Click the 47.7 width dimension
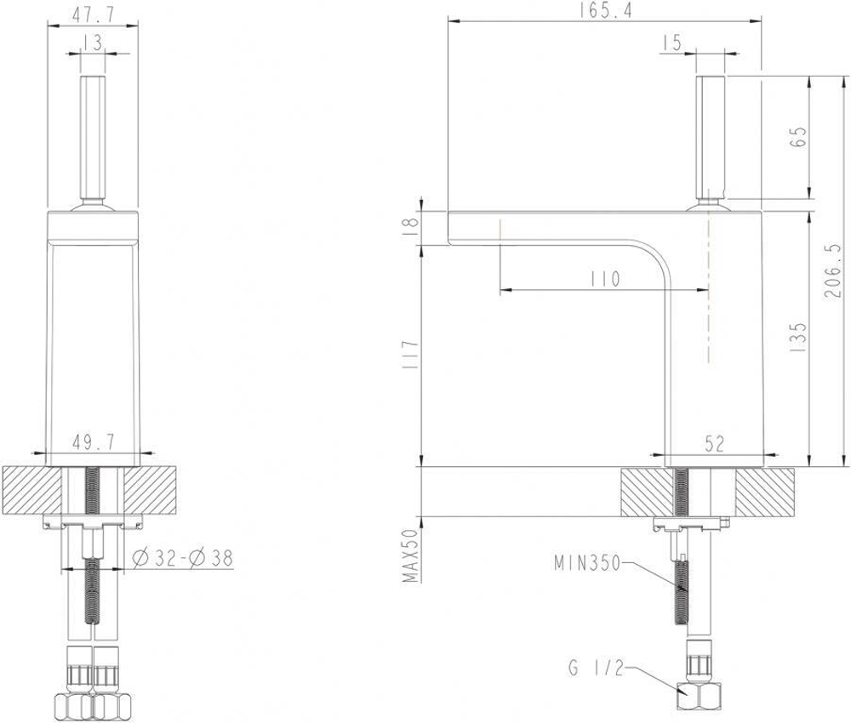click(x=93, y=14)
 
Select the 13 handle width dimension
click(x=93, y=43)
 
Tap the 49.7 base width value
click(x=93, y=443)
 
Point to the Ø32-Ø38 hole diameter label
click(x=182, y=557)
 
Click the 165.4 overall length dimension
click(x=605, y=11)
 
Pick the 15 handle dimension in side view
click(x=671, y=43)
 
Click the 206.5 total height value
click(x=832, y=270)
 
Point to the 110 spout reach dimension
click(x=604, y=279)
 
